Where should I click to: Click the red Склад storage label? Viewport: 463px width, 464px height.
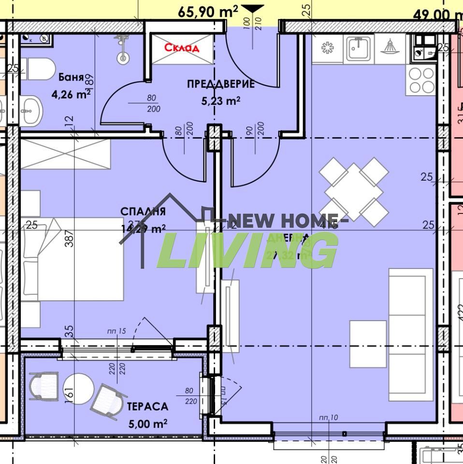(x=181, y=48)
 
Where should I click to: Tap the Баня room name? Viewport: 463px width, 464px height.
(x=71, y=77)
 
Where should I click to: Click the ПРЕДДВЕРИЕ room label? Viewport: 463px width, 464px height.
(x=221, y=84)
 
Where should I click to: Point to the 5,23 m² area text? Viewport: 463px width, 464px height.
(x=221, y=101)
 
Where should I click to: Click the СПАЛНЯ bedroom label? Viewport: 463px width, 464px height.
(x=143, y=211)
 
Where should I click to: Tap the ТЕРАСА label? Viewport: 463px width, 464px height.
(x=147, y=407)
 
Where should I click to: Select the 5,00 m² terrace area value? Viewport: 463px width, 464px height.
(x=147, y=423)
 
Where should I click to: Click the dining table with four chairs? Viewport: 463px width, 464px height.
(x=354, y=192)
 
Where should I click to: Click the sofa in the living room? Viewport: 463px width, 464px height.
(x=411, y=335)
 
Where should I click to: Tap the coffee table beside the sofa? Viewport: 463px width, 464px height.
(x=367, y=343)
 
